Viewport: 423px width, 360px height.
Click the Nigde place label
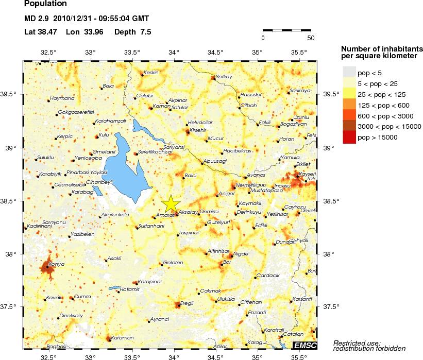coord(241,254)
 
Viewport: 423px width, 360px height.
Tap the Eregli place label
coord(186,303)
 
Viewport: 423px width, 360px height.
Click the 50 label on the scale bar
coord(311,38)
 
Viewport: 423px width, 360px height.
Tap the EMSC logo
coord(304,345)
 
